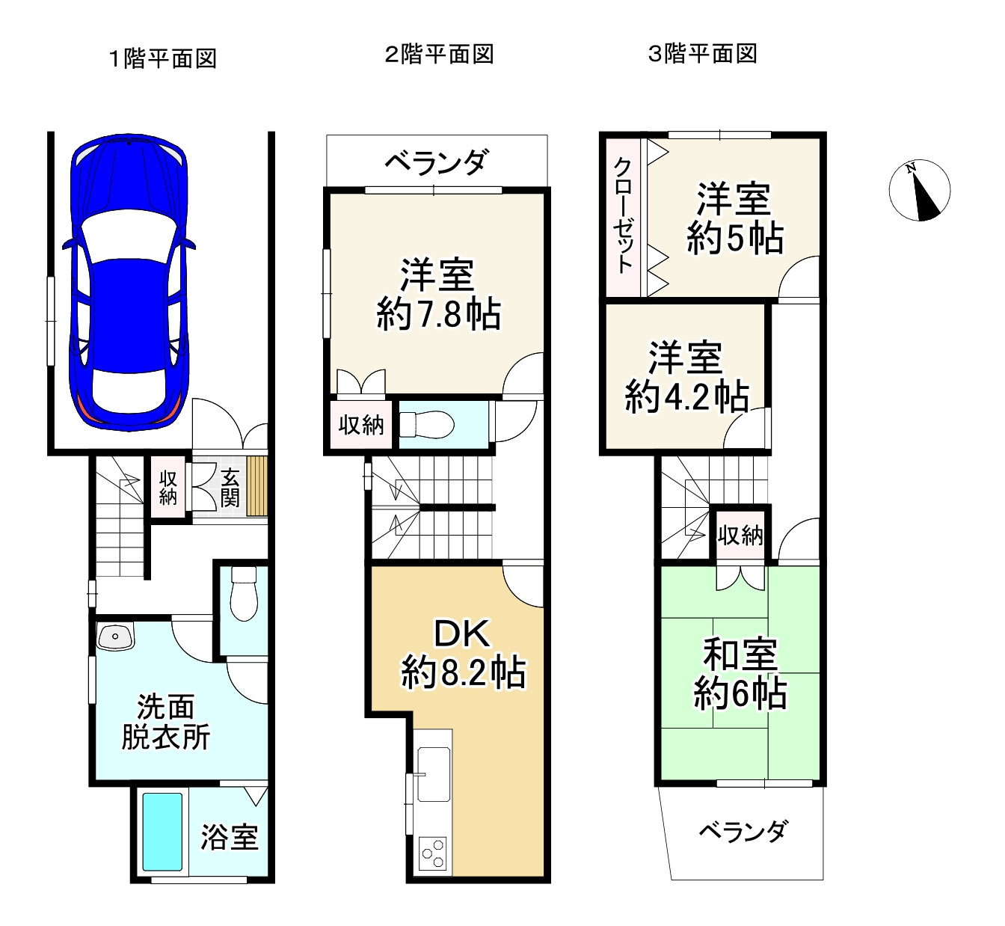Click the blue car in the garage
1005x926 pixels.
129,282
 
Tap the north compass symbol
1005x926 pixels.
919,191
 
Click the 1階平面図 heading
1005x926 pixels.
163,58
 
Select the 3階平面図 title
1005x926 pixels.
702,54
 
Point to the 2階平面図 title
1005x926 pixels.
439,54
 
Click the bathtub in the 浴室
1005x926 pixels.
162,832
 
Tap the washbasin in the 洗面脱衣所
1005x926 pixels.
115,637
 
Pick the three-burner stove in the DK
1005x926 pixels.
434,853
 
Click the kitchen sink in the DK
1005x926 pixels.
434,773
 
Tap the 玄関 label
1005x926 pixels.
230,487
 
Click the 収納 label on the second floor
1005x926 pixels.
361,425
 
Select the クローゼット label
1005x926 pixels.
623,215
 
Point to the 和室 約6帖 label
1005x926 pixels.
740,674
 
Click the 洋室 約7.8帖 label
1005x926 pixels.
438,294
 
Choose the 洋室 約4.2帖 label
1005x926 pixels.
686,377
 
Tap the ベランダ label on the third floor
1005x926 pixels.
743,831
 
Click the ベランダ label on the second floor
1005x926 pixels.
437,162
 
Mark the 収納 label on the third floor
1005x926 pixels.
740,535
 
